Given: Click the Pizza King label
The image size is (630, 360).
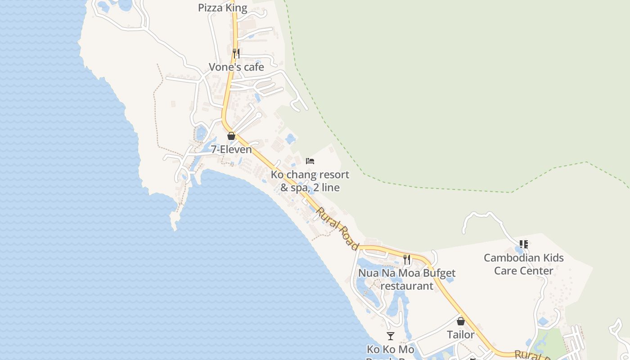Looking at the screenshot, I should pos(223,8).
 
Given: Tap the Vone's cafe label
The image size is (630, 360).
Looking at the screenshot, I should pos(236,67).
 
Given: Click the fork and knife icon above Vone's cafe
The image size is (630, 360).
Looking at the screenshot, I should pos(236,54).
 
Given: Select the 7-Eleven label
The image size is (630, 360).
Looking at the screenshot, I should pos(231,149).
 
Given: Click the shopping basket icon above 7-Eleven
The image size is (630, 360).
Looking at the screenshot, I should pos(231,136).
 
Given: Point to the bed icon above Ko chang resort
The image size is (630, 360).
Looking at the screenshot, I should pos(310,161).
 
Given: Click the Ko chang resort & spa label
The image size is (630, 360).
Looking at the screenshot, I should pos(310,181).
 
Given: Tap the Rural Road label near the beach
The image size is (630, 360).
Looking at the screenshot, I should pos(337,229).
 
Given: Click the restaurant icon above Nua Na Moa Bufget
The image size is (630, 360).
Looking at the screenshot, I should pos(407,260).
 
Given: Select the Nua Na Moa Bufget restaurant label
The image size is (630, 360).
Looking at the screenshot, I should pos(407,279).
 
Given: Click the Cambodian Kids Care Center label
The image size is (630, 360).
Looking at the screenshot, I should pos(523,264).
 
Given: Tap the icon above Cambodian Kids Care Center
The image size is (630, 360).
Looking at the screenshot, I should pos(523,244).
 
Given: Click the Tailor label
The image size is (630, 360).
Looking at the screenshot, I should pos(460,335).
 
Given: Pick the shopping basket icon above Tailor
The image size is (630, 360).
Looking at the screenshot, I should pos(460,321).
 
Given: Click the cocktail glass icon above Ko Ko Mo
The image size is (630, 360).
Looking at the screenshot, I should pos(390,336).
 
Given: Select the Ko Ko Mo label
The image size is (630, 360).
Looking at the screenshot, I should pos(390,350).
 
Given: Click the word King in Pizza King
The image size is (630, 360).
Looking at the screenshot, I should pos(236,8).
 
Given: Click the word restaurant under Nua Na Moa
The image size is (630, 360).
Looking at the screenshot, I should pos(407,286).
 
